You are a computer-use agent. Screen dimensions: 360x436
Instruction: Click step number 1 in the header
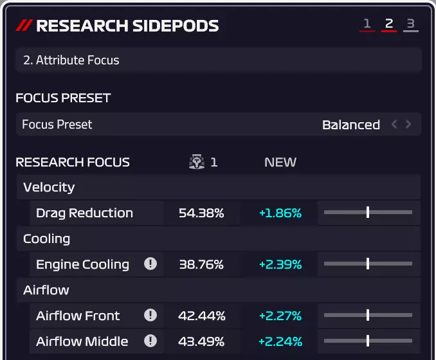tap(367, 24)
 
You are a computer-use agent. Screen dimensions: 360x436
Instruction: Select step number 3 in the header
tap(410, 24)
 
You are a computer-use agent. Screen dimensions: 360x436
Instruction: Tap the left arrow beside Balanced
tap(394, 124)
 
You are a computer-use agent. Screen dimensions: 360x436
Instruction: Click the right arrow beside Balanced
tap(408, 124)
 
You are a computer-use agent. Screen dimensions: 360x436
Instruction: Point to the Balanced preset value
tap(350, 125)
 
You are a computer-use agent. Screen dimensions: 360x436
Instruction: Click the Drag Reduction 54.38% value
tap(201, 213)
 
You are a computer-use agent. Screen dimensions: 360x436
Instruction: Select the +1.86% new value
tap(280, 213)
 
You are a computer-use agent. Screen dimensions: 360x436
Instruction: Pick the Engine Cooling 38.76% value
tap(201, 264)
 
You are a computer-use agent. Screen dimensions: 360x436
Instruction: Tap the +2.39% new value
tap(280, 264)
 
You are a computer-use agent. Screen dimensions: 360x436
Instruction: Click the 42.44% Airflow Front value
tap(201, 316)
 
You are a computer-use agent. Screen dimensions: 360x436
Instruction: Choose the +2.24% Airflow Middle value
tap(280, 341)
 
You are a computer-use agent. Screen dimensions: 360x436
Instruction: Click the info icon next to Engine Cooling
tap(150, 264)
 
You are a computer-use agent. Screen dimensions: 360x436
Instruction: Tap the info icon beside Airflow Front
tap(150, 315)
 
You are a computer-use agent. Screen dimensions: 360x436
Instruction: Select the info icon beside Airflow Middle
tap(150, 341)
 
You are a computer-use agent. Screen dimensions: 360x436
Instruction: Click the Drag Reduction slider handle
tap(367, 212)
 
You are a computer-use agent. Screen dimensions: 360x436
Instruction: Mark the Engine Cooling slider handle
tap(367, 264)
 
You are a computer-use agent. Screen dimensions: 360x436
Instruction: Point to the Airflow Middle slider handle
tap(367, 341)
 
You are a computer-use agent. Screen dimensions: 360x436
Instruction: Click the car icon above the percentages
tap(197, 162)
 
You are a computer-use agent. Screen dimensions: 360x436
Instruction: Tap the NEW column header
tap(280, 162)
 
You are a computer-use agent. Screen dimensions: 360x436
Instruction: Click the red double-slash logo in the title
tap(24, 26)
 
